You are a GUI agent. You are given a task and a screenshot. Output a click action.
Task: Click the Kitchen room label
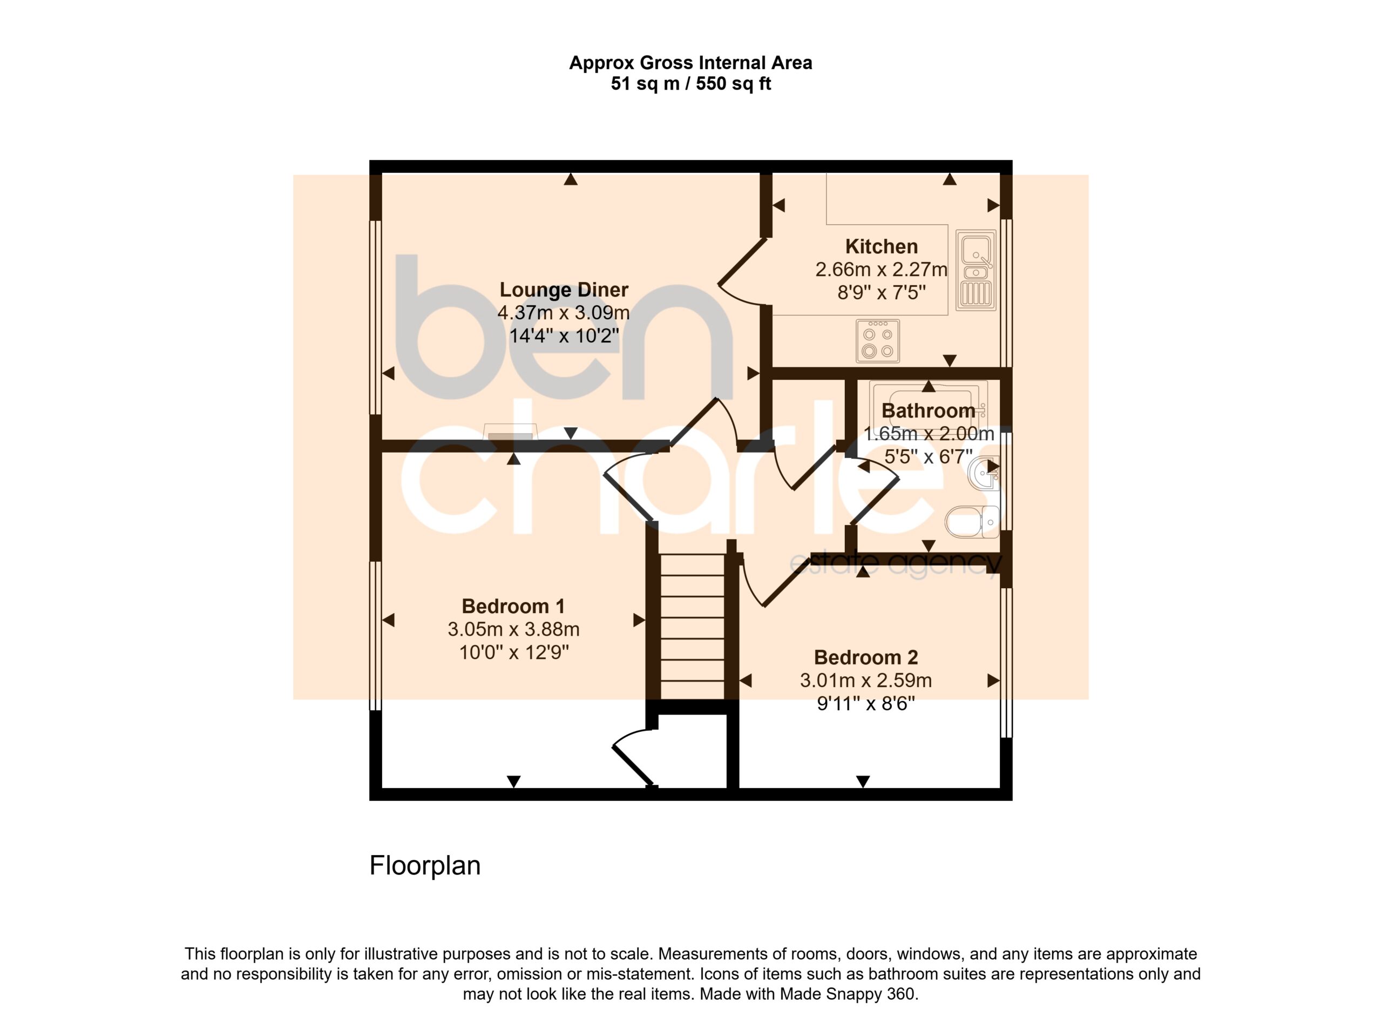pos(881,246)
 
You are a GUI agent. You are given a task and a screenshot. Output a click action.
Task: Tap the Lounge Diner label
pos(564,290)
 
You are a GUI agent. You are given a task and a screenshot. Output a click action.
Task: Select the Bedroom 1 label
pos(513,606)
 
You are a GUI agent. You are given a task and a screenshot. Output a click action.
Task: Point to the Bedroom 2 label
pos(866,657)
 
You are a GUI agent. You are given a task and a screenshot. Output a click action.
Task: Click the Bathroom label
pos(929,410)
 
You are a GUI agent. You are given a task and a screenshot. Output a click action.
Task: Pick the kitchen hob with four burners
pos(877,341)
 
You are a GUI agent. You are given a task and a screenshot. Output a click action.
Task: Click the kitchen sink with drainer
pos(975,271)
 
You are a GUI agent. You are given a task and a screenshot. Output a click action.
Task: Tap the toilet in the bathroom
pos(972,522)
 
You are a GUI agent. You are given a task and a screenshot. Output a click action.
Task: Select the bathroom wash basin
pos(985,474)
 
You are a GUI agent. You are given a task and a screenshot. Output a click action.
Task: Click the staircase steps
pos(692,627)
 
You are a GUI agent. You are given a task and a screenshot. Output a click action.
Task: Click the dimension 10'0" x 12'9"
pos(514,653)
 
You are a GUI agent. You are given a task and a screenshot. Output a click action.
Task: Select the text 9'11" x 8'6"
pos(866,704)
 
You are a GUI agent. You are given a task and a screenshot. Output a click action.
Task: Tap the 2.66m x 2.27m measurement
pos(881,270)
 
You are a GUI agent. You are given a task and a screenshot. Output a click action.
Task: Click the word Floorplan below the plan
pos(425,865)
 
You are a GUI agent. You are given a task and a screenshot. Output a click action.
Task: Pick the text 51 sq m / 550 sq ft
pos(690,83)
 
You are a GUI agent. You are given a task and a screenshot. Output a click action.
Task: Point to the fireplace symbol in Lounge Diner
pos(510,432)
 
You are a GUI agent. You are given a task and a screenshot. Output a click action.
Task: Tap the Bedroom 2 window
pos(1006,663)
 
